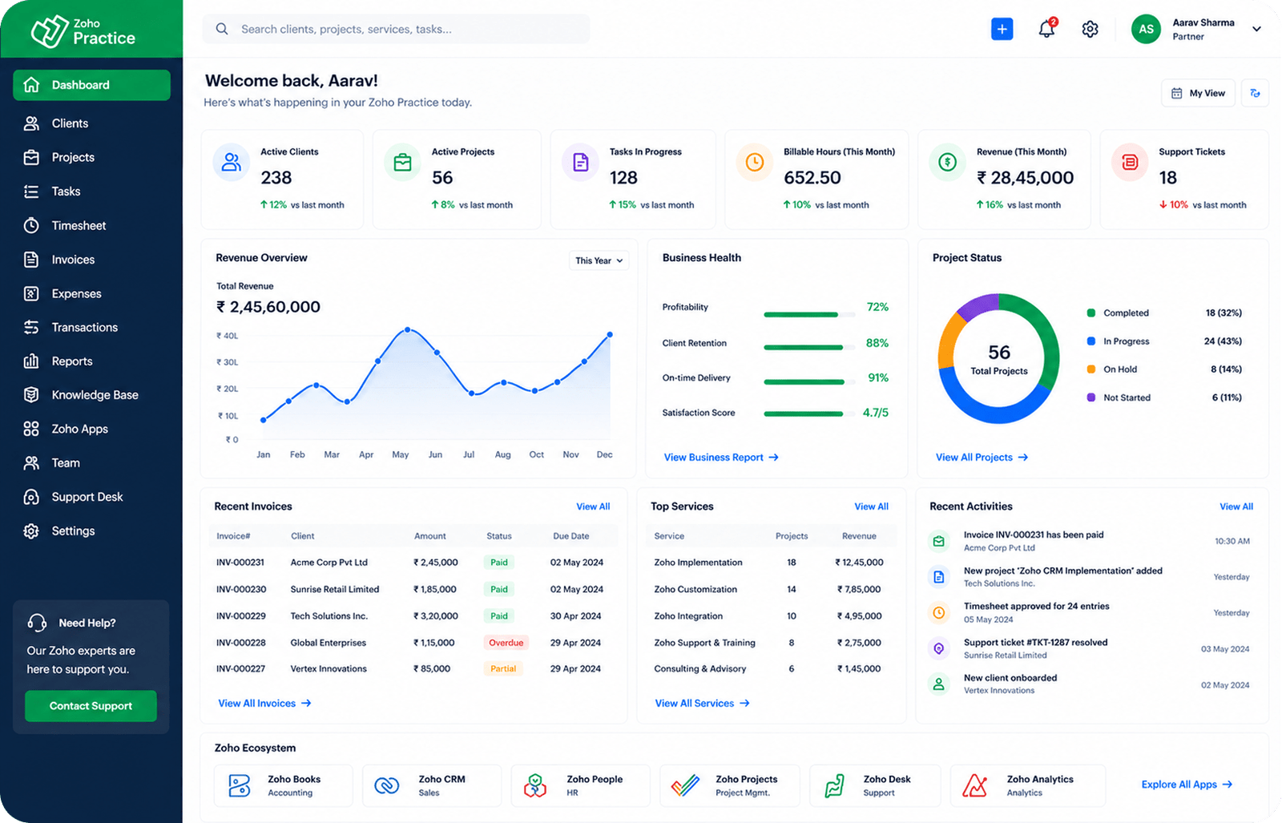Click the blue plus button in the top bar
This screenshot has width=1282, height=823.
tap(1002, 29)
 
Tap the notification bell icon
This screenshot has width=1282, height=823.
tap(1046, 29)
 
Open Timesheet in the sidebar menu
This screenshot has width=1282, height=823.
tap(79, 225)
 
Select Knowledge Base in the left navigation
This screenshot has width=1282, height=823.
tap(95, 395)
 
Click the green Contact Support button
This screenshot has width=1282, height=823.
tap(91, 706)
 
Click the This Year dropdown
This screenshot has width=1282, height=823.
tap(599, 260)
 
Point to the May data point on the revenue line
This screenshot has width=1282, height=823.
tap(408, 329)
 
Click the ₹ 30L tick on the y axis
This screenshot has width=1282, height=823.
tap(228, 362)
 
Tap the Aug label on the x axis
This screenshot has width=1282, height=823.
tap(502, 454)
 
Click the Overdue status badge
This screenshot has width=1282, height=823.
tap(506, 643)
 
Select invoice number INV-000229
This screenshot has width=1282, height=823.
tap(241, 615)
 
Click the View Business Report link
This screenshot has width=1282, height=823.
tap(720, 458)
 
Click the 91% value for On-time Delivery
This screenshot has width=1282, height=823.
tap(878, 377)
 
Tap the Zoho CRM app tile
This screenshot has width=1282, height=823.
tap(432, 785)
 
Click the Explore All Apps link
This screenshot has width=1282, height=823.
tap(1187, 785)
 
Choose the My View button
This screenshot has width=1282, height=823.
tap(1198, 93)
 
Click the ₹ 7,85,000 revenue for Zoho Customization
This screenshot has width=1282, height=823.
tap(859, 589)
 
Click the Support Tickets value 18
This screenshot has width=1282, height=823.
tap(1168, 178)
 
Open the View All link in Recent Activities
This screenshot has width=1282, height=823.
tap(1236, 506)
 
